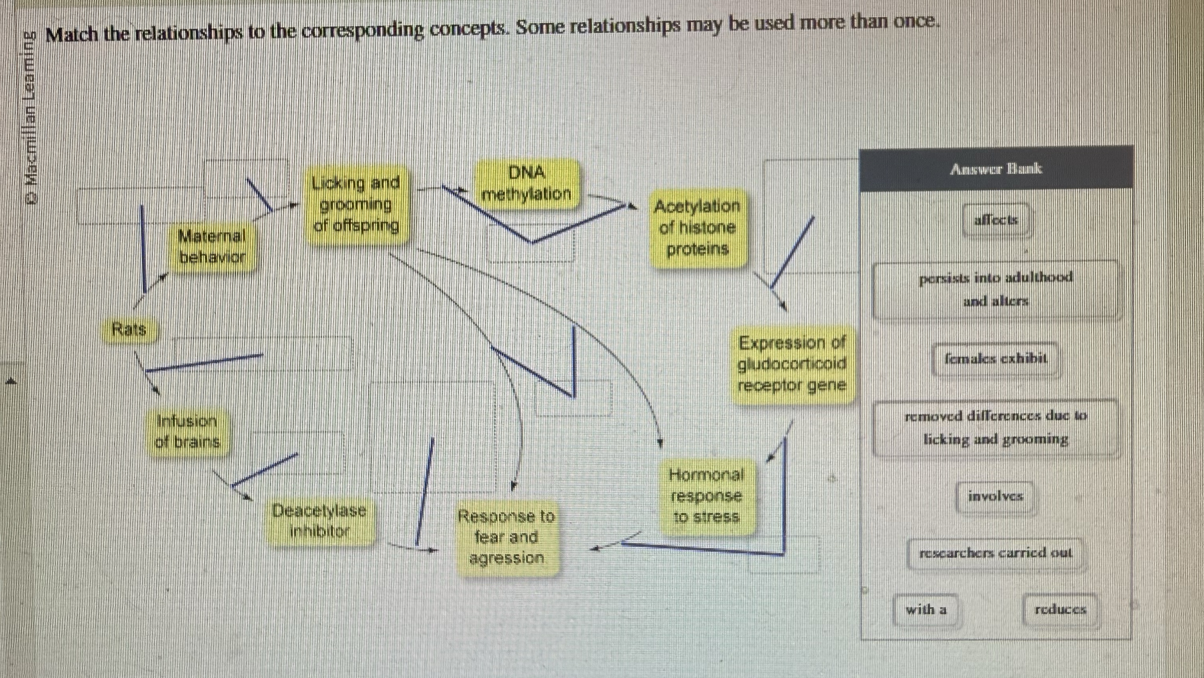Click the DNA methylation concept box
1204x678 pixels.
[x=527, y=184]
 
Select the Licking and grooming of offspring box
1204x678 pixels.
[x=357, y=205]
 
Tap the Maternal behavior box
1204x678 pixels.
[x=213, y=246]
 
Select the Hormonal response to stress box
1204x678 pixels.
[x=706, y=496]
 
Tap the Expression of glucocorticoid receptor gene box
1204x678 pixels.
[x=792, y=364]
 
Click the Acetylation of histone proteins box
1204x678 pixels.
[x=697, y=228]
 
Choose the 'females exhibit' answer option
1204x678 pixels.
[x=995, y=359]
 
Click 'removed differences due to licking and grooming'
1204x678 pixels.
[x=996, y=427]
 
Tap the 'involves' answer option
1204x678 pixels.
[x=995, y=496]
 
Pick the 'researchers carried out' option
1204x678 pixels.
[x=995, y=554]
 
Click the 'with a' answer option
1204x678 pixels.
[x=926, y=610]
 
